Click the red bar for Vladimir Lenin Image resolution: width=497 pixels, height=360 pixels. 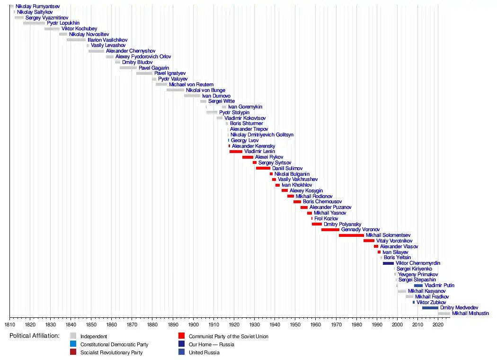(x=236, y=152)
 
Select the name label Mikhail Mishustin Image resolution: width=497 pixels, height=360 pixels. (x=470, y=314)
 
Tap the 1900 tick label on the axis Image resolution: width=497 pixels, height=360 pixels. (x=193, y=325)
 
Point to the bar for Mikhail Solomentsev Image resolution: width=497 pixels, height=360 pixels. (x=351, y=235)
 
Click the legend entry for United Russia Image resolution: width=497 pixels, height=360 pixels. (x=204, y=352)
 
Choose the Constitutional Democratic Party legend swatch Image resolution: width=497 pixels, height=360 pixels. (x=73, y=344)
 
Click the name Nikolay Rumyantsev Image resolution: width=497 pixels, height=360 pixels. (x=37, y=7)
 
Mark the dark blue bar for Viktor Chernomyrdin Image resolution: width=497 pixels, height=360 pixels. (x=388, y=263)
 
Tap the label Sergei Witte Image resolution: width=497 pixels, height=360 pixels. (x=222, y=101)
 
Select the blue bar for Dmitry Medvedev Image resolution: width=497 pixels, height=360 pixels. (x=430, y=308)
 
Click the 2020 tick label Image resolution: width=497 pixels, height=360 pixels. (x=438, y=325)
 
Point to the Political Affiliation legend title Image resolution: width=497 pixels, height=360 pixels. (x=34, y=336)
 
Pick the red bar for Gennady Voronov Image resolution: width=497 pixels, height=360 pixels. (x=330, y=230)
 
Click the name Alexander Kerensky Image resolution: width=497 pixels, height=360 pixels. (x=253, y=146)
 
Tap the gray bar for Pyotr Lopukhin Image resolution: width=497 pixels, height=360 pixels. (x=34, y=23)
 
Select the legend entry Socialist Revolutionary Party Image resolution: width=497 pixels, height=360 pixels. (x=111, y=352)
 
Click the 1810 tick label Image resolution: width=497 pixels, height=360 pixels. (x=9, y=325)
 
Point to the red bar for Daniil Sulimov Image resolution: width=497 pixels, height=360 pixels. (x=263, y=168)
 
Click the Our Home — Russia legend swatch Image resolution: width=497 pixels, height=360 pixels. (x=181, y=344)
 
